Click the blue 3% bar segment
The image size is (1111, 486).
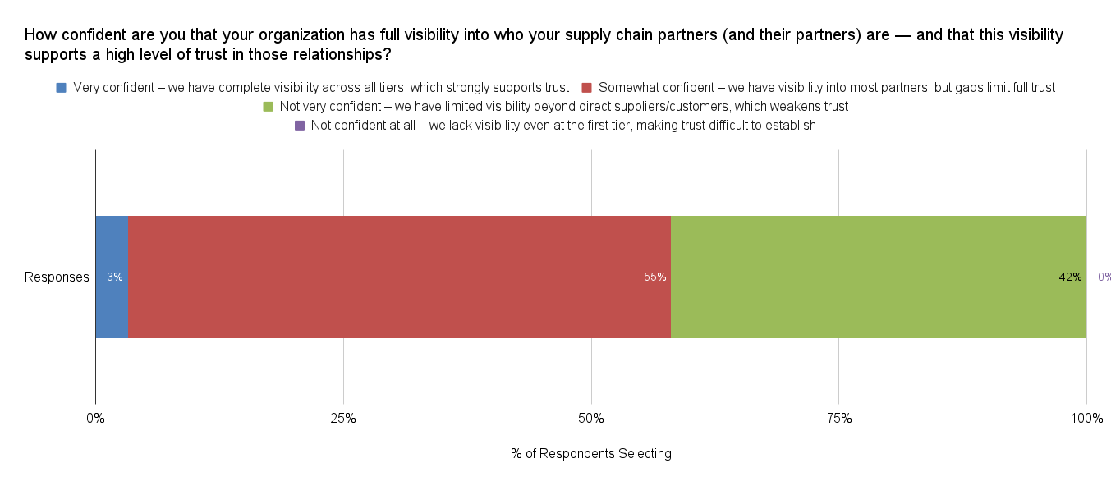pos(112,246)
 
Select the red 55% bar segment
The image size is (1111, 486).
pos(399,246)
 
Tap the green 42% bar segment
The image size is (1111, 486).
pos(879,246)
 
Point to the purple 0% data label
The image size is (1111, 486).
pos(1104,277)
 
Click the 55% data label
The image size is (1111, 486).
pos(654,277)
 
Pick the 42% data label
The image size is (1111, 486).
pos(1070,277)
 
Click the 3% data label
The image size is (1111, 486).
pos(115,277)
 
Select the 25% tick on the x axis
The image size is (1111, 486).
pos(343,419)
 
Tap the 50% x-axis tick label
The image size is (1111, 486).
pos(591,419)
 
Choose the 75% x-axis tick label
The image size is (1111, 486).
pos(838,419)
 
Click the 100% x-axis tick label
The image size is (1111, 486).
pos(1086,419)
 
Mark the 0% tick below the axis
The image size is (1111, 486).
pos(96,419)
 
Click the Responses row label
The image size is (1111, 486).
pos(57,277)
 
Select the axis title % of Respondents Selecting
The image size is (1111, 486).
pos(591,454)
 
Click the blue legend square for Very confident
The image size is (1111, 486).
pos(61,87)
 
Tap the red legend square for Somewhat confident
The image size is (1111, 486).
pos(586,87)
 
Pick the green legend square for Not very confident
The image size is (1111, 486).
pos(267,107)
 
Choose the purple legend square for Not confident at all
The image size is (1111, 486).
pos(299,126)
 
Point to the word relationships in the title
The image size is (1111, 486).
pos(340,56)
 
